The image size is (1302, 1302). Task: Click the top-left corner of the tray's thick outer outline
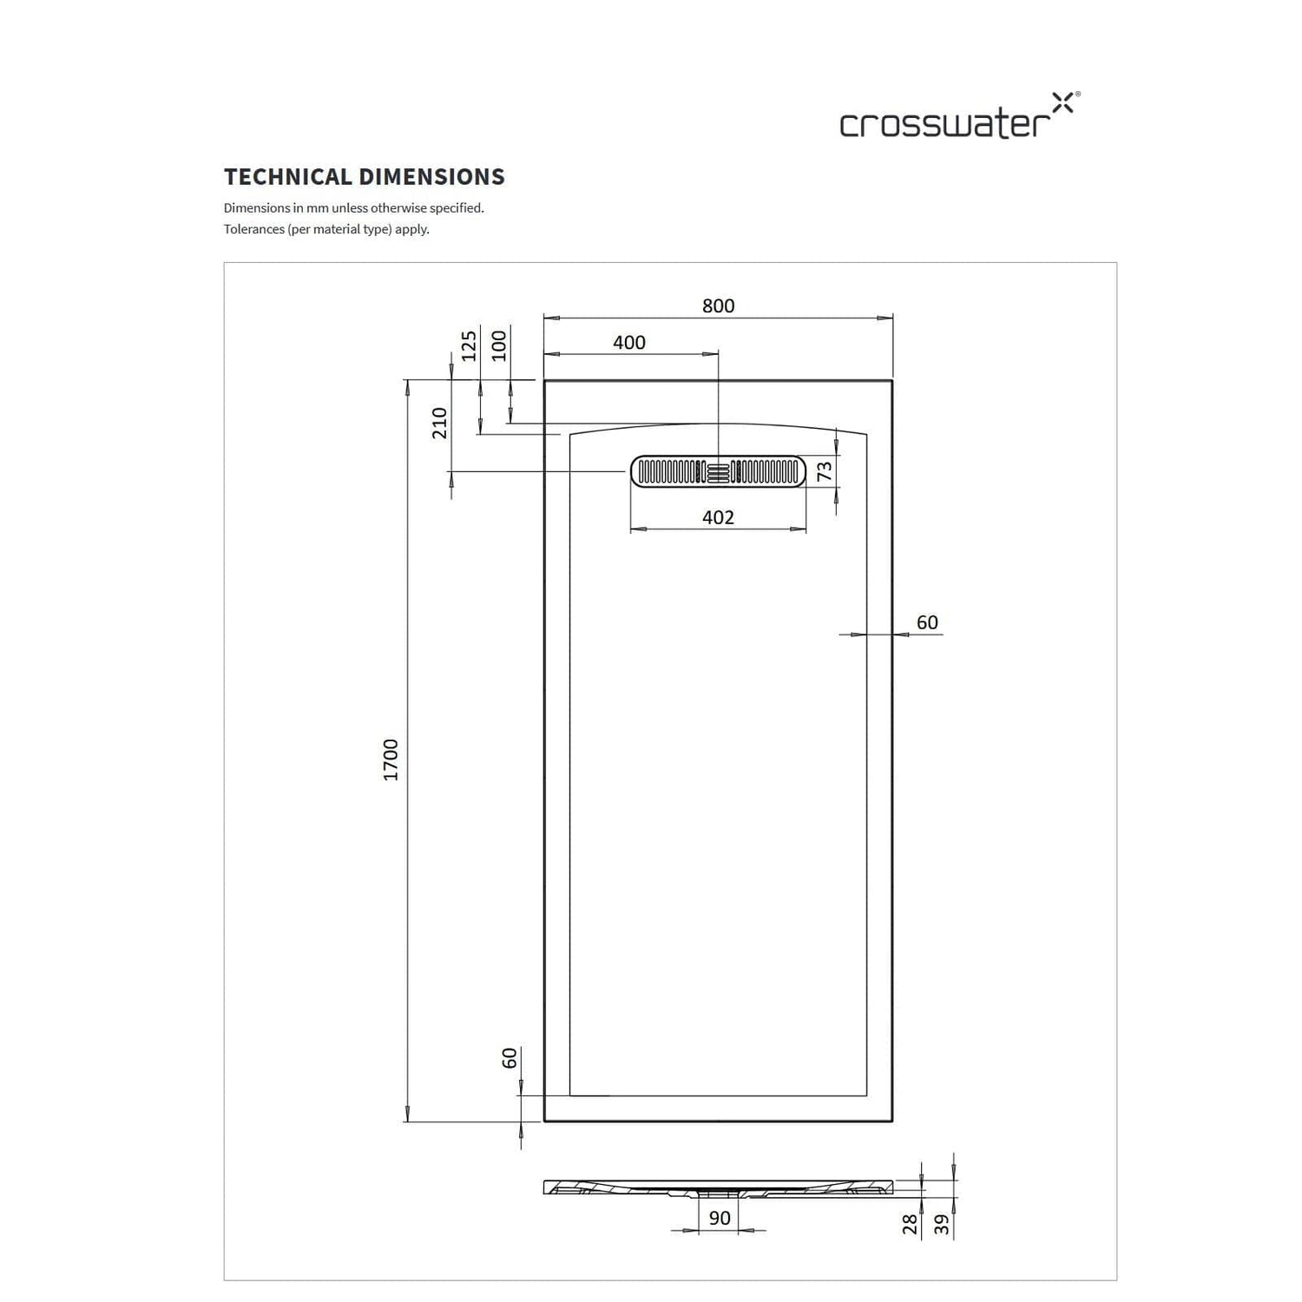coord(544,380)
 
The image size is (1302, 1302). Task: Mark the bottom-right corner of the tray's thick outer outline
coord(892,1121)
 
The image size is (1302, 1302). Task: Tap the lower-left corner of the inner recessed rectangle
coord(569,1095)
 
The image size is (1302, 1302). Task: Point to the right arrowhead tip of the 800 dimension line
coord(893,318)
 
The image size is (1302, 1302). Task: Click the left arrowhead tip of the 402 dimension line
coord(630,528)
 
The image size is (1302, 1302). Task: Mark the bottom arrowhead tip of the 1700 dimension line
coord(406,1121)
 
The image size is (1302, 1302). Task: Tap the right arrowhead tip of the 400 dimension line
coord(719,353)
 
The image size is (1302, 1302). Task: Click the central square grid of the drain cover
coord(719,472)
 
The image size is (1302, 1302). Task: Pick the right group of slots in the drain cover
coord(767,472)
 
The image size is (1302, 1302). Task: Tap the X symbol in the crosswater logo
coord(1062,102)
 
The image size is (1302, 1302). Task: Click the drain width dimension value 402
coord(719,517)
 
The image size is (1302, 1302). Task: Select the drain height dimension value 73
coord(825,471)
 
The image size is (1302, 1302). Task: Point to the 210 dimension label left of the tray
coord(440,423)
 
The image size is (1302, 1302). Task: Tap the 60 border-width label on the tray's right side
coord(927,622)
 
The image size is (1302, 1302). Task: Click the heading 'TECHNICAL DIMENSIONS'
coord(365,177)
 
